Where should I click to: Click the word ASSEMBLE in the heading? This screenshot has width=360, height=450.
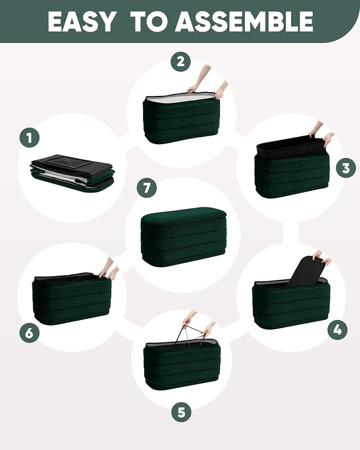pyautogui.click(x=244, y=22)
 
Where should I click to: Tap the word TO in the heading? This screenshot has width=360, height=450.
pyautogui.click(x=149, y=22)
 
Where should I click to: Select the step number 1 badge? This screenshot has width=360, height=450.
pyautogui.click(x=30, y=138)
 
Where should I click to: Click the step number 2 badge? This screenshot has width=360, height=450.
pyautogui.click(x=181, y=61)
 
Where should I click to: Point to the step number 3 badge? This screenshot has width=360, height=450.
pyautogui.click(x=346, y=168)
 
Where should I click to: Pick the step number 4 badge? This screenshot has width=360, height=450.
pyautogui.click(x=338, y=330)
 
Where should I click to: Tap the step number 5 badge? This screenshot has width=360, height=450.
pyautogui.click(x=181, y=412)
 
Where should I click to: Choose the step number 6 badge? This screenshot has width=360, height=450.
pyautogui.click(x=29, y=333)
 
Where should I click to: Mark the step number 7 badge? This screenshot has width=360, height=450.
pyautogui.click(x=147, y=188)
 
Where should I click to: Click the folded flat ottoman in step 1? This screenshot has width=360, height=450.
pyautogui.click(x=72, y=173)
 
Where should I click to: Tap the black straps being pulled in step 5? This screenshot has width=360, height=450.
pyautogui.click(x=192, y=334)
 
